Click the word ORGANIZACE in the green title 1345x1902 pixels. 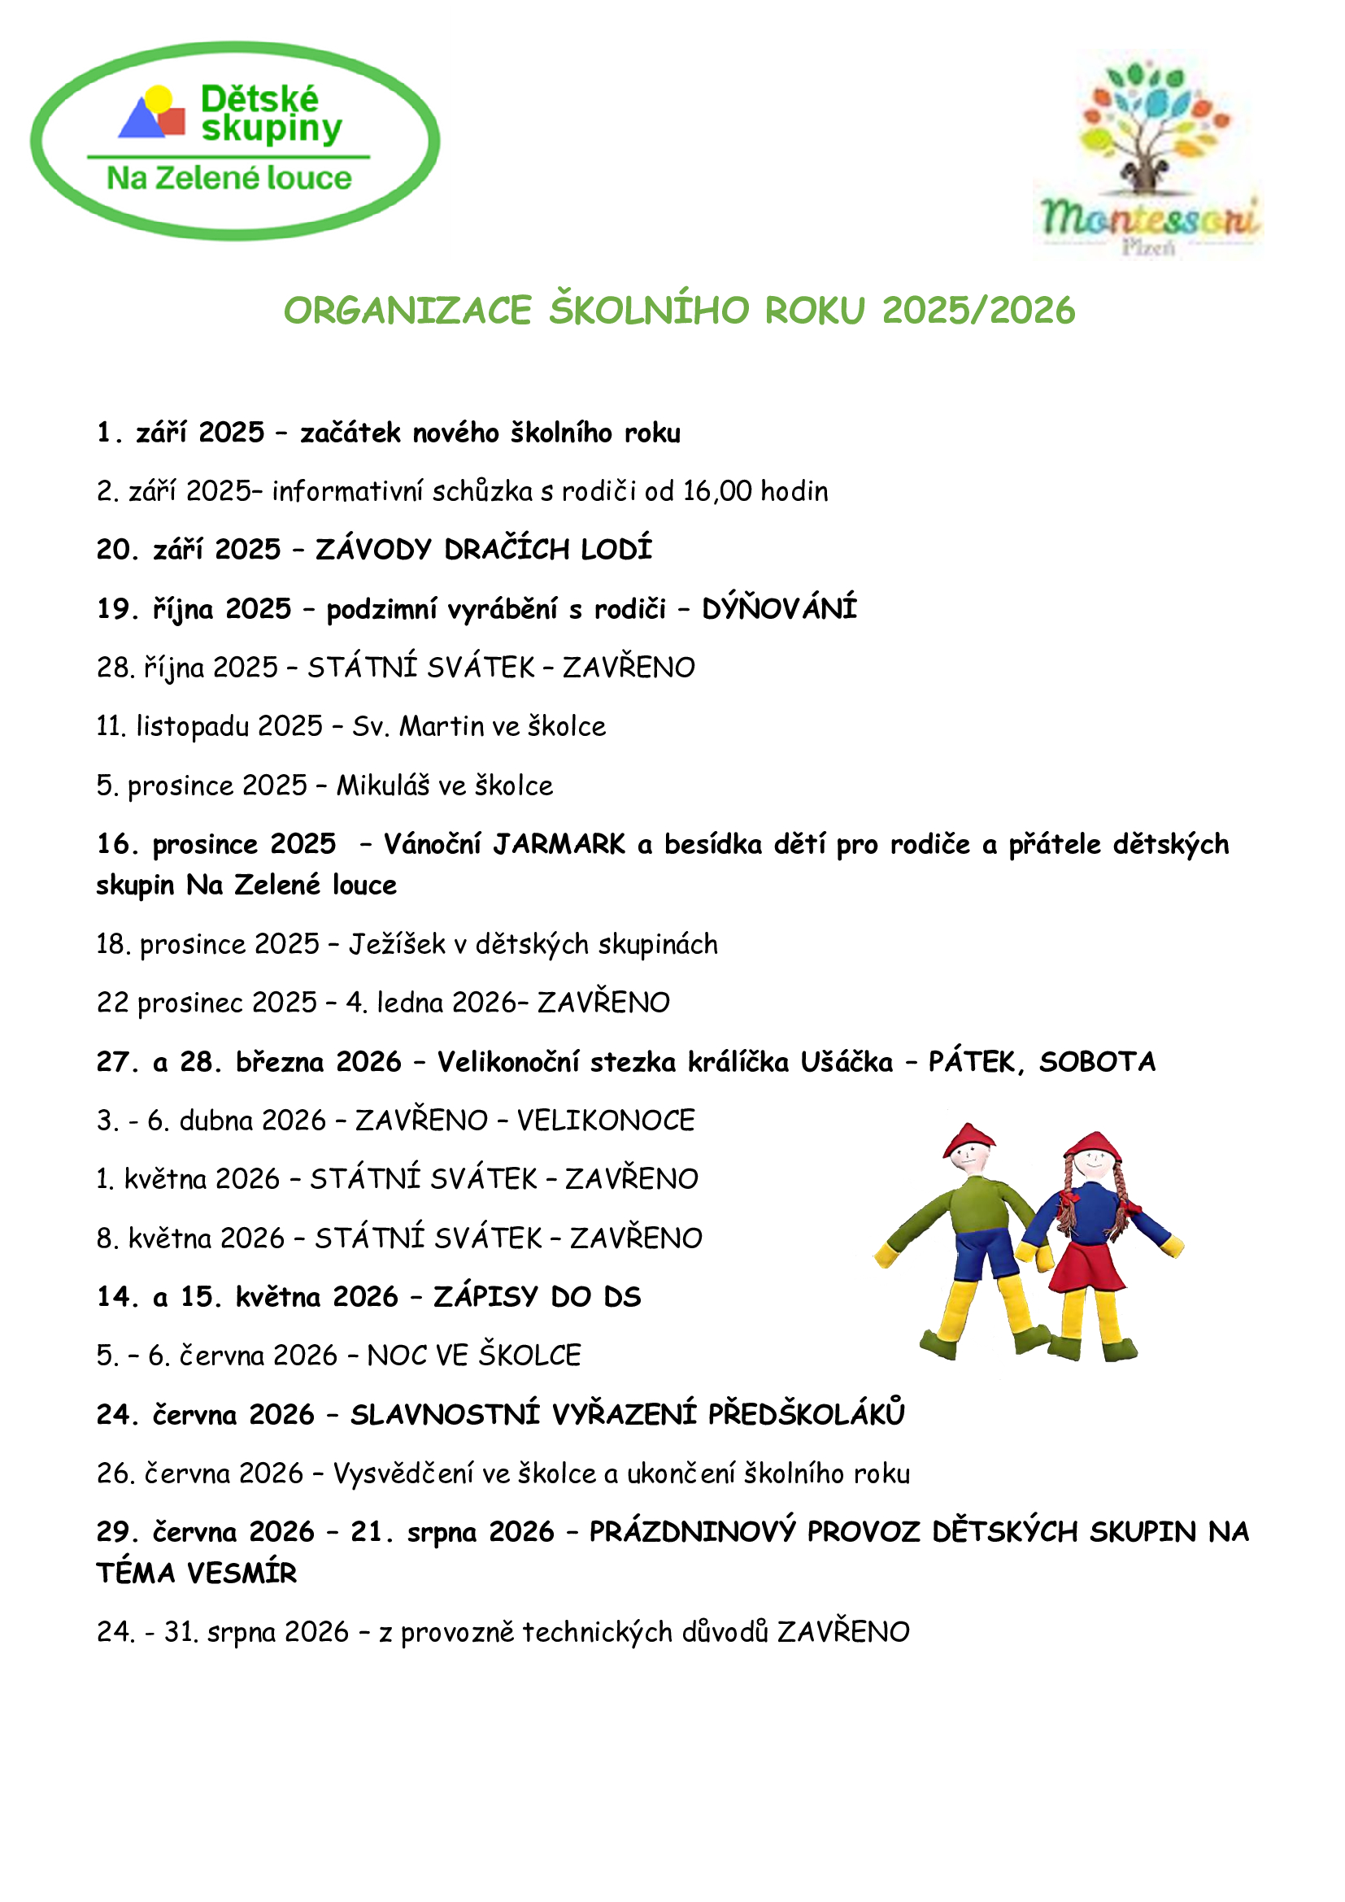coord(407,311)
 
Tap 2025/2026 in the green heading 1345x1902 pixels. coord(978,311)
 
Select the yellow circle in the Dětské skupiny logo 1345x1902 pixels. coord(158,98)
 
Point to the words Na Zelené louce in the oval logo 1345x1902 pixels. coord(229,178)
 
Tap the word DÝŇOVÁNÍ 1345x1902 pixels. coord(779,609)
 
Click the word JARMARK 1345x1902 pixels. coord(559,844)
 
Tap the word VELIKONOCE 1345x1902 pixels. coord(606,1121)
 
